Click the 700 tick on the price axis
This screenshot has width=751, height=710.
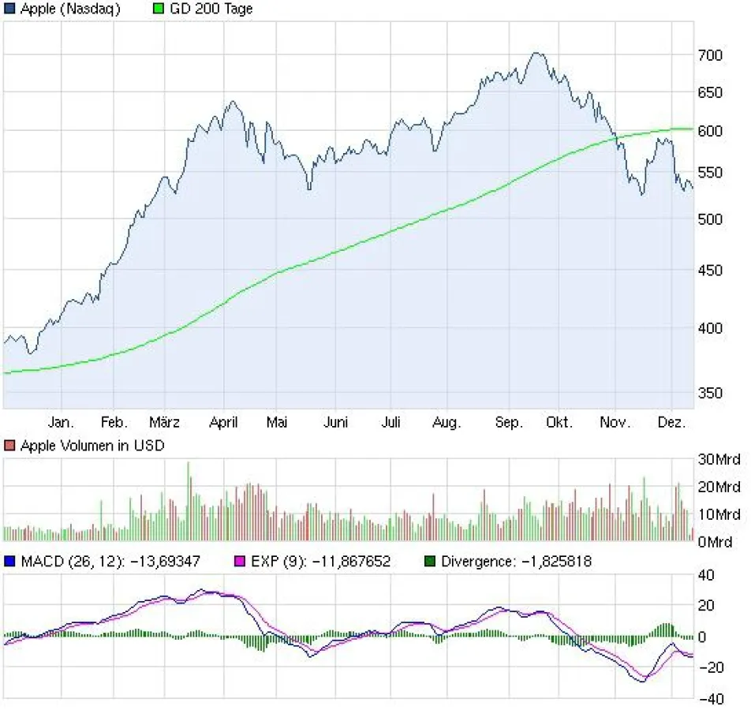coord(710,55)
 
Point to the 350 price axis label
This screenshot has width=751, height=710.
coord(710,393)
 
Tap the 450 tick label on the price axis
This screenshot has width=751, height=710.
coord(710,271)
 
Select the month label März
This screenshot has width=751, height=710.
coord(165,423)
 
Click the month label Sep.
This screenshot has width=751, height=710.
coord(509,423)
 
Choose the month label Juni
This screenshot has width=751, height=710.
coord(336,423)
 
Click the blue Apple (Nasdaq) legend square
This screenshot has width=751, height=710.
coord(9,9)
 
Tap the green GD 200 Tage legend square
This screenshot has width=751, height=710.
coord(159,9)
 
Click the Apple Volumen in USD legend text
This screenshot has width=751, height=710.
coord(92,446)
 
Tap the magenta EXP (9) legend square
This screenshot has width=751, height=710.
coord(242,562)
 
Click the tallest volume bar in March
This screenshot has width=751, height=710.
coord(188,463)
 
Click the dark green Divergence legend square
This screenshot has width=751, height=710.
coord(429,562)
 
